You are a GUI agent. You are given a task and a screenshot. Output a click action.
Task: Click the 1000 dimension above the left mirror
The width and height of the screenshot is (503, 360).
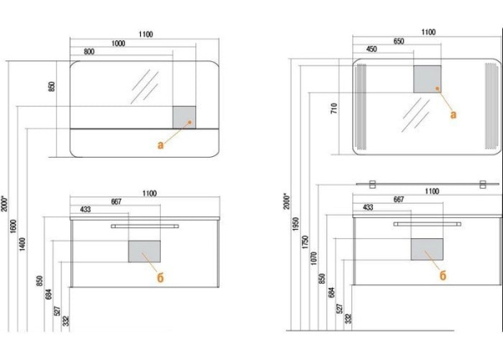(x=118, y=44)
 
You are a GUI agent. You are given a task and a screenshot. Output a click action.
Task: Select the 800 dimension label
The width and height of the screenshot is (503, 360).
(x=89, y=52)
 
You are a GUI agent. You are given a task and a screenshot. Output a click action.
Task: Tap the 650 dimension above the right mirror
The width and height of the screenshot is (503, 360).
(x=398, y=41)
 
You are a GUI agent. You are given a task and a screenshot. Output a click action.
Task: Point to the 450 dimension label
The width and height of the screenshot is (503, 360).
(x=371, y=50)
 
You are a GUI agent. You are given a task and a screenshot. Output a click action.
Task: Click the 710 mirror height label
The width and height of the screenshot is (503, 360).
(x=334, y=108)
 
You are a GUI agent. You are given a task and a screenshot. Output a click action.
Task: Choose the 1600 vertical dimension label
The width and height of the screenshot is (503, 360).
(x=13, y=227)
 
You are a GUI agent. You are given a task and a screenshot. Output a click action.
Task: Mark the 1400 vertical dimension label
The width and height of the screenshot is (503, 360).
(x=22, y=244)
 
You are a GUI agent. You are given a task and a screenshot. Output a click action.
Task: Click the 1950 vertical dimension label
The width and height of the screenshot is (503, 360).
(x=296, y=224)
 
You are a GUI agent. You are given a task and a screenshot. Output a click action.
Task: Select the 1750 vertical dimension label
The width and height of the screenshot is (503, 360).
(x=305, y=243)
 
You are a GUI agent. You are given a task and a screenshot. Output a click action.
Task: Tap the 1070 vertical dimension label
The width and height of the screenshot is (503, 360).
(x=314, y=258)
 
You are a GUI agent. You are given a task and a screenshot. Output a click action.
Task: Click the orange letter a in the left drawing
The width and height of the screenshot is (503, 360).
(x=160, y=145)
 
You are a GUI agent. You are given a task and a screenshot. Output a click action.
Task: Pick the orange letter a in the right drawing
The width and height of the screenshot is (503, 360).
(x=454, y=114)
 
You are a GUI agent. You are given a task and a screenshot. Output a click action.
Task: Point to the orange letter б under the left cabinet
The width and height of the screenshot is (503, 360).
(x=160, y=278)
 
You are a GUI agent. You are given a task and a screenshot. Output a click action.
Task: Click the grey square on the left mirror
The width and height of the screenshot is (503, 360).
(x=184, y=117)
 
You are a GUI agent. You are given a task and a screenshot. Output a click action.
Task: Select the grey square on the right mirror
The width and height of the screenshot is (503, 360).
(x=428, y=80)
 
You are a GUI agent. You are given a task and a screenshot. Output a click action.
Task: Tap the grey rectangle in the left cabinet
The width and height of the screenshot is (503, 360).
(x=144, y=252)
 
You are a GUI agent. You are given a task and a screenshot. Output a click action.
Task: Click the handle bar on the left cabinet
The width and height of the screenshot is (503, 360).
(x=145, y=227)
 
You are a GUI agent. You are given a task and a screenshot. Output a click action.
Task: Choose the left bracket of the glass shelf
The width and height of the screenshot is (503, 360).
(x=372, y=185)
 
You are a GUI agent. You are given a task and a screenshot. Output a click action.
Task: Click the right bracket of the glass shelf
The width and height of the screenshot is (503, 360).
(x=483, y=185)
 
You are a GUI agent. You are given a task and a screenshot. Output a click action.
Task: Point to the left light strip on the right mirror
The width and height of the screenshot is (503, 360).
(x=361, y=107)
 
